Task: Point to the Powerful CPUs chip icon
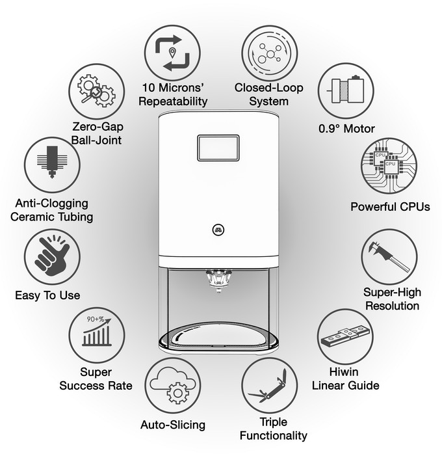click(387, 166)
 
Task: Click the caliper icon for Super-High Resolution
click(389, 257)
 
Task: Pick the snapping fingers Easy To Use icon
click(51, 256)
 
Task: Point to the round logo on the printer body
click(218, 229)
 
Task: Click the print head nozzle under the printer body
click(218, 280)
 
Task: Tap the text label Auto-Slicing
click(172, 425)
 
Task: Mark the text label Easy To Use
click(47, 295)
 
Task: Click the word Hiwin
click(345, 373)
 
